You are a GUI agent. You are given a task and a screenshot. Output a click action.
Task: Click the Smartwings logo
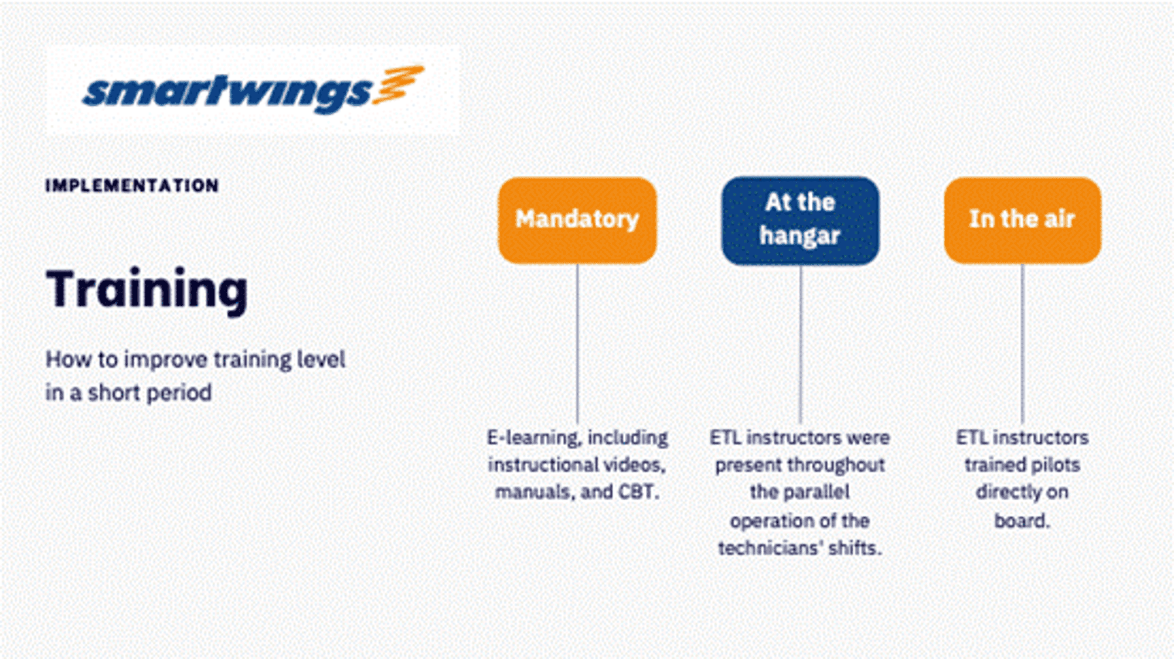click(x=253, y=90)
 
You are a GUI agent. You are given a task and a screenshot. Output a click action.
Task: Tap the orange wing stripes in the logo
click(x=399, y=85)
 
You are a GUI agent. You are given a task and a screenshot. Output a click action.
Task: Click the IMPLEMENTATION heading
click(x=132, y=186)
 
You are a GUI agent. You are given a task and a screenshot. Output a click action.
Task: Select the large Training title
click(x=147, y=290)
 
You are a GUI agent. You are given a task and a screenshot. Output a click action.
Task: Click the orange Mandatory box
click(x=577, y=220)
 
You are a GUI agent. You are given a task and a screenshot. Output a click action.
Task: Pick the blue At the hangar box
click(x=800, y=220)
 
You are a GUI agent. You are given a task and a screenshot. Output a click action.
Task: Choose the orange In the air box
click(x=1022, y=220)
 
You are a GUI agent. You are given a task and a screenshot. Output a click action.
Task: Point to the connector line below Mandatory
click(x=577, y=344)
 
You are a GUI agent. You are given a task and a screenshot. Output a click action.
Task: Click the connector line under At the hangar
click(x=801, y=344)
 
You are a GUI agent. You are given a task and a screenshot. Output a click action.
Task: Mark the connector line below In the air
click(x=1023, y=344)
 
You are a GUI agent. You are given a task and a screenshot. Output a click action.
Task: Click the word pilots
click(x=1055, y=465)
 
